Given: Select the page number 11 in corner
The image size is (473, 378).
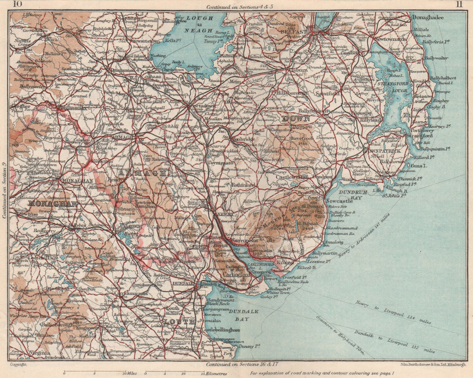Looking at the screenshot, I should tap(459, 4).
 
